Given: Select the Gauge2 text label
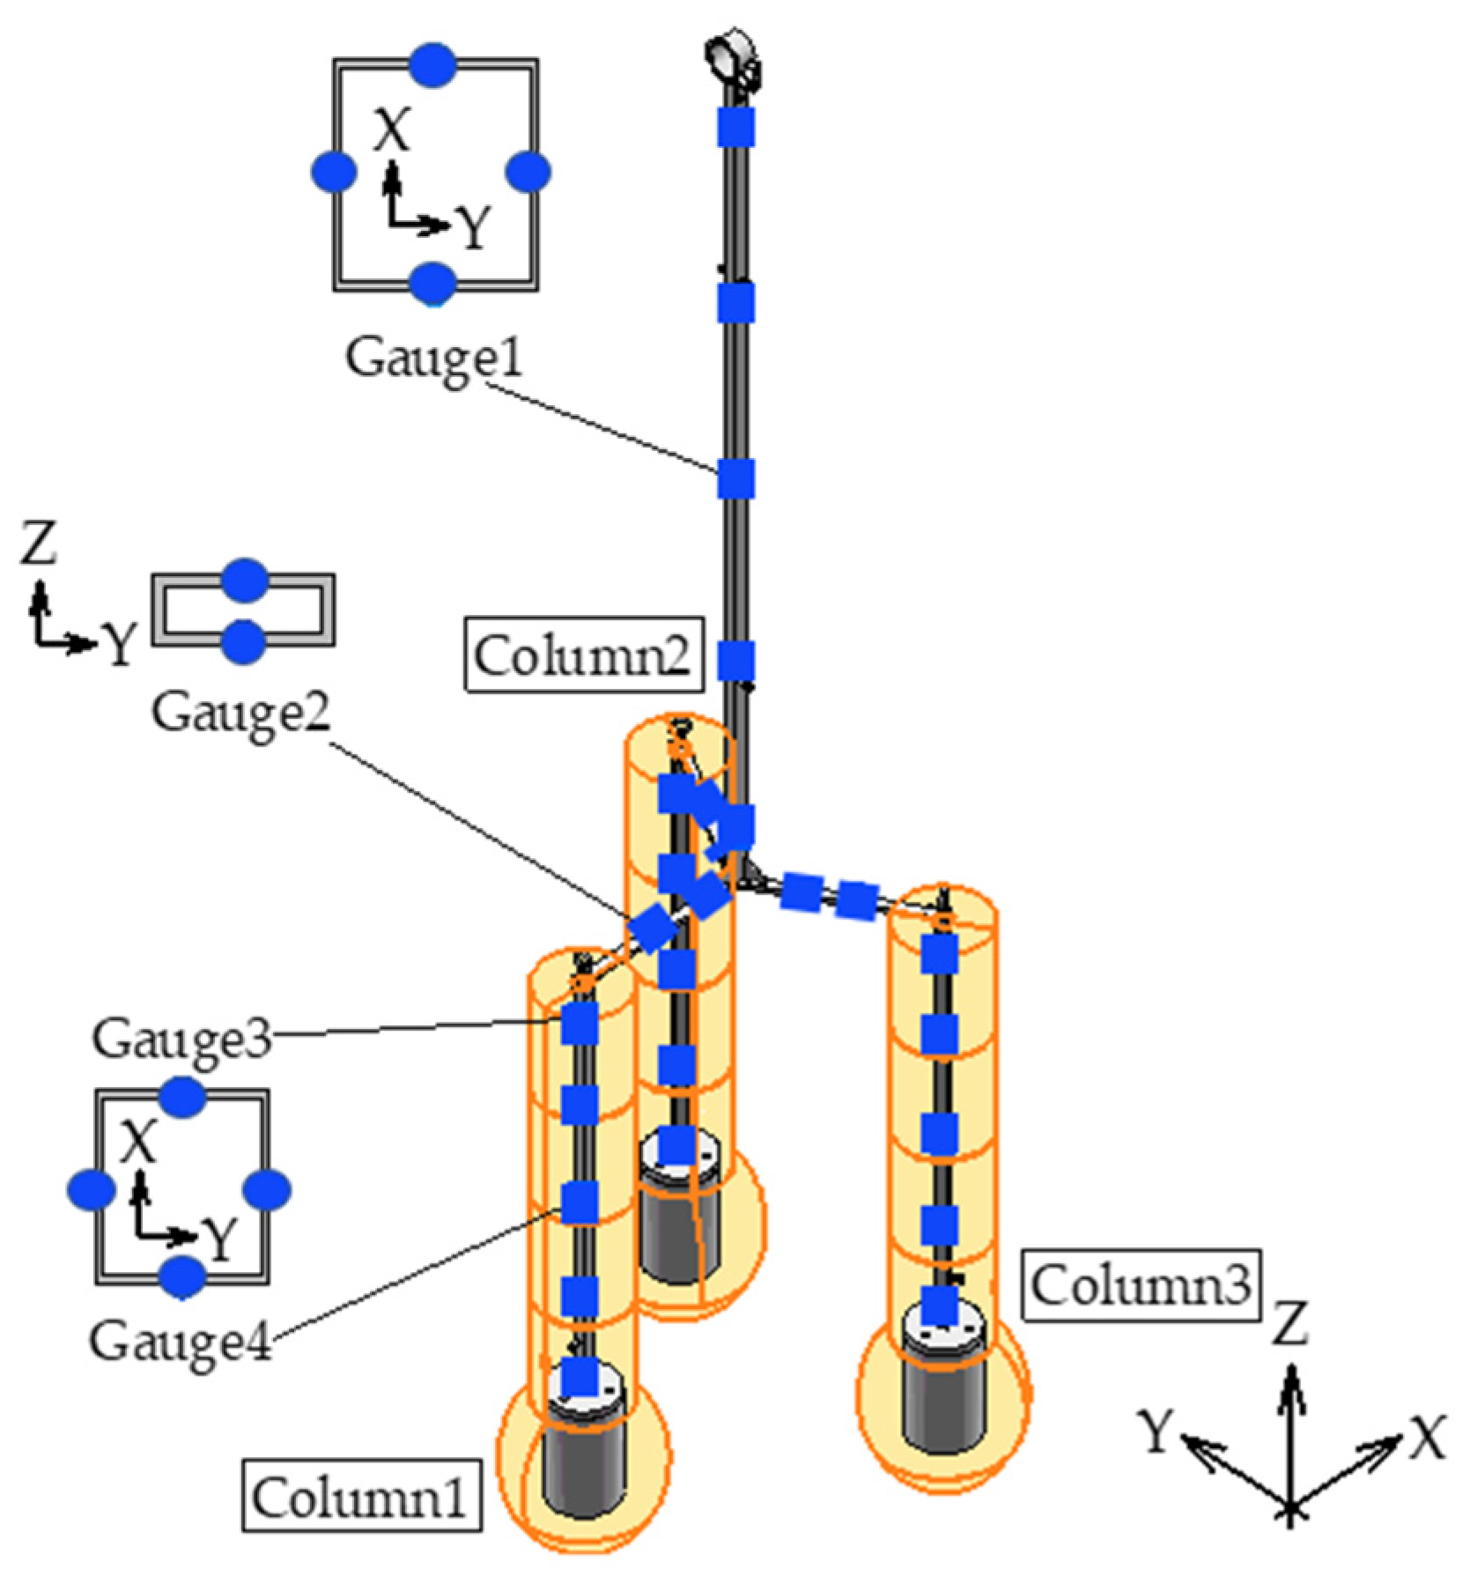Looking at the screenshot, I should (240, 712).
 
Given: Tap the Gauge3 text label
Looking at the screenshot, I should (181, 1039).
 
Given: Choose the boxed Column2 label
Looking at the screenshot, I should (584, 655).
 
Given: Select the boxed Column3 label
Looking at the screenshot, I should (1140, 1287).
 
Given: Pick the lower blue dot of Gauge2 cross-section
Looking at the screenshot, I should (243, 640).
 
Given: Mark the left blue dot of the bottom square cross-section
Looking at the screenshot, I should (91, 1189).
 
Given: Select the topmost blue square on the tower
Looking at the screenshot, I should (736, 125).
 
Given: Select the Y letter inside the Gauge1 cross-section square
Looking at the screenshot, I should (474, 230).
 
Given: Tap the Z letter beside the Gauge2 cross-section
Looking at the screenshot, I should (39, 544).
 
